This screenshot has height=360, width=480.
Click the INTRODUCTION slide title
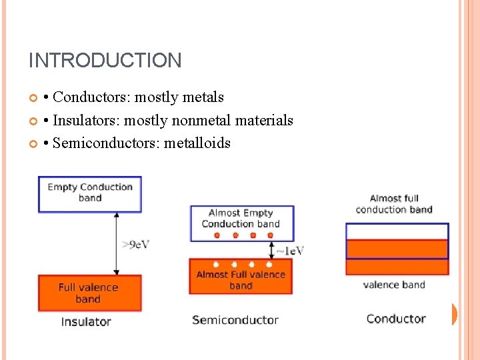[105, 61]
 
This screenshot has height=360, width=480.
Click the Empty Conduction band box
[90, 193]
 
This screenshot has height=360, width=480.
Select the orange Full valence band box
[90, 293]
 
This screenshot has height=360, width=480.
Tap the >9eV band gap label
[136, 244]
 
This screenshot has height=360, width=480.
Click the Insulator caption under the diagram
[86, 322]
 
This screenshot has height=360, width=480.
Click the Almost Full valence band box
[241, 277]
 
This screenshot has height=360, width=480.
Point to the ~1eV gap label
[290, 251]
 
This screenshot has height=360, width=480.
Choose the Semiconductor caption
[235, 320]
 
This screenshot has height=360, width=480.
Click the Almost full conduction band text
[394, 204]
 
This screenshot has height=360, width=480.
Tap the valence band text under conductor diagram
[394, 285]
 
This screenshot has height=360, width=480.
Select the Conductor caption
[396, 319]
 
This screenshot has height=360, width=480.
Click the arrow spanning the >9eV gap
[117, 243]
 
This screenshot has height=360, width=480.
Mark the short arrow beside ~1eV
[271, 250]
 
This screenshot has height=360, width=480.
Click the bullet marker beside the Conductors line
[34, 98]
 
